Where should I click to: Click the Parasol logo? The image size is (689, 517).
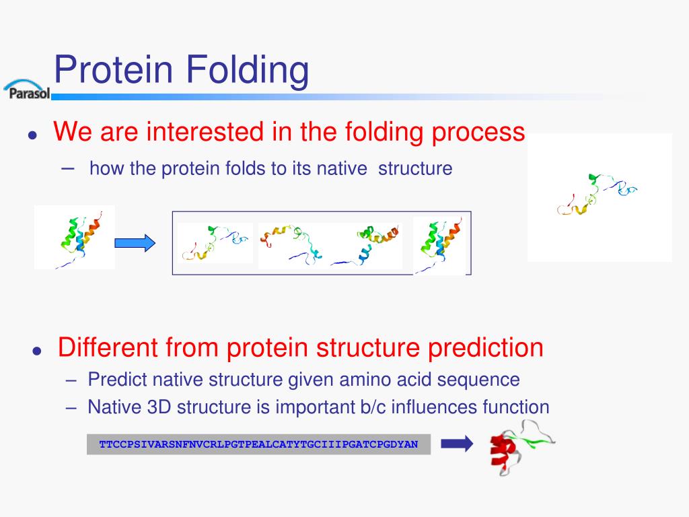pyautogui.click(x=27, y=90)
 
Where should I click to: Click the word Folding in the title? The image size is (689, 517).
pyautogui.click(x=248, y=70)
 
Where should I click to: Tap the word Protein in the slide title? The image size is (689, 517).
pyautogui.click(x=113, y=69)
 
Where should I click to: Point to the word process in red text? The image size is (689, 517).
pyautogui.click(x=478, y=133)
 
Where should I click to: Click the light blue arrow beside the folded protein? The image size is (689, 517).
pyautogui.click(x=135, y=243)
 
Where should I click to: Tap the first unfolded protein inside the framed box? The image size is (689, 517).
pyautogui.click(x=215, y=243)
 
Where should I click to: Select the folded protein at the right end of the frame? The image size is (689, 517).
pyautogui.click(x=439, y=245)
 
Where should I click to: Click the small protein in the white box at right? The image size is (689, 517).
pyautogui.click(x=596, y=194)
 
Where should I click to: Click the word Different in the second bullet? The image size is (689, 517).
pyautogui.click(x=108, y=347)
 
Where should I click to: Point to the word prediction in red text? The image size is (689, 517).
pyautogui.click(x=486, y=348)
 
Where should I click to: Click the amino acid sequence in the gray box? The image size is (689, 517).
pyautogui.click(x=258, y=444)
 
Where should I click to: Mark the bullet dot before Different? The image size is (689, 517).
pyautogui.click(x=37, y=351)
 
